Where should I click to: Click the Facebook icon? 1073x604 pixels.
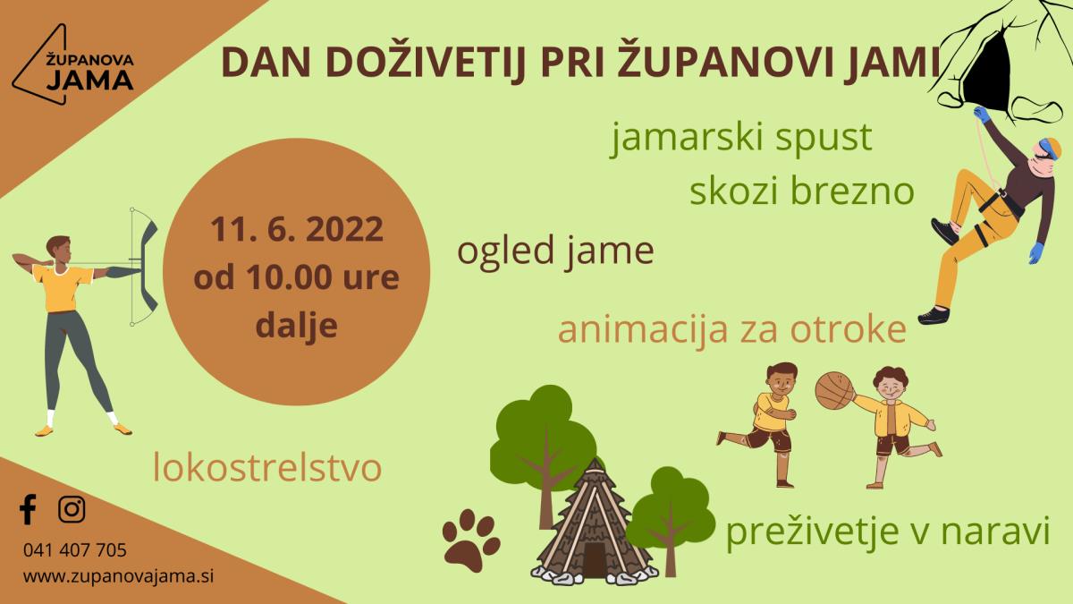pyautogui.click(x=28, y=509)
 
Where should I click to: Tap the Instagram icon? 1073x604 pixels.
pyautogui.click(x=72, y=509)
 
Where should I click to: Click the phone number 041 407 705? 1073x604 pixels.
pyautogui.click(x=75, y=550)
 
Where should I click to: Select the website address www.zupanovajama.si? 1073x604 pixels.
pyautogui.click(x=118, y=576)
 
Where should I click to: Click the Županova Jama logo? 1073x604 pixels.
pyautogui.click(x=73, y=64)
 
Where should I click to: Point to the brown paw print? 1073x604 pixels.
pyautogui.click(x=471, y=540)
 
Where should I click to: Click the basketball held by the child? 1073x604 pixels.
pyautogui.click(x=835, y=390)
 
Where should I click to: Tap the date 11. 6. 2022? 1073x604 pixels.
pyautogui.click(x=297, y=229)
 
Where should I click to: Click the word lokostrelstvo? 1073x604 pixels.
pyautogui.click(x=267, y=468)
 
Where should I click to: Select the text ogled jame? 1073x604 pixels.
pyautogui.click(x=555, y=252)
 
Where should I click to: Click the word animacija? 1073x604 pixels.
pyautogui.click(x=642, y=331)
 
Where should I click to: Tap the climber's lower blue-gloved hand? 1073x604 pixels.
pyautogui.click(x=1036, y=252)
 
